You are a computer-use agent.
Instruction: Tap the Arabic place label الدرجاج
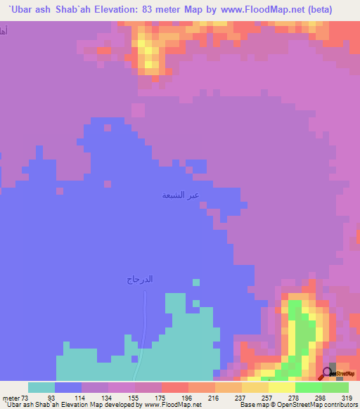pos(139,279)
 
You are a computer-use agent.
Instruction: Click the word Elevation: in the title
pos(120,10)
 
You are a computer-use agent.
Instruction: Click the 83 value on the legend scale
pos(51,397)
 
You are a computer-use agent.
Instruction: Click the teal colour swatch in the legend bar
pos(41,387)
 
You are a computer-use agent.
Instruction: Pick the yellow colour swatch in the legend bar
pos(281,387)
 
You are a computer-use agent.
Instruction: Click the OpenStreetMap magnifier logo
pos(328,372)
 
